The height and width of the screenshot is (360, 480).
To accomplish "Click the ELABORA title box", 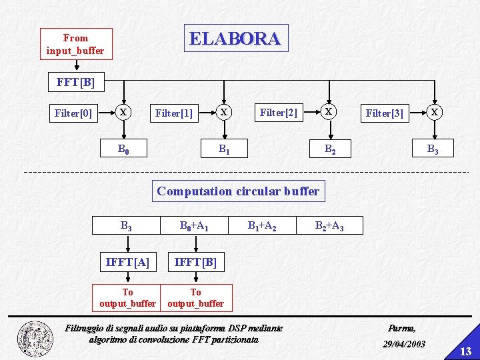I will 235,38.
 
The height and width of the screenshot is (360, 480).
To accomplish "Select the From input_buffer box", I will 76,44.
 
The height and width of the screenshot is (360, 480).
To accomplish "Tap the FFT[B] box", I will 76,83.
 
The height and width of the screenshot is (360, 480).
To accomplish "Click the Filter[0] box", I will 73,113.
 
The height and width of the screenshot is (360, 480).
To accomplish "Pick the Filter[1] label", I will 173,113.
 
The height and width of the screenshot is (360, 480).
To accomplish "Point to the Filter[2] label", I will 278,113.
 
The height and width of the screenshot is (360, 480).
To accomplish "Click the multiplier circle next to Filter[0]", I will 123,112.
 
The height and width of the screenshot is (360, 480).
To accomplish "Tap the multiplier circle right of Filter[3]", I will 434,112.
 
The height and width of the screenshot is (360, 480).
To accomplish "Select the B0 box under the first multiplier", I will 123,148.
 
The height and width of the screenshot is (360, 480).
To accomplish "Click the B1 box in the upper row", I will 224,148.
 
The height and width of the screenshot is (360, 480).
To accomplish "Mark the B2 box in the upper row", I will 329,149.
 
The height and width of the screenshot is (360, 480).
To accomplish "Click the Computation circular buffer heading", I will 238,191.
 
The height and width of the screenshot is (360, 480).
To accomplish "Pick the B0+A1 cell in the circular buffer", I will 194,225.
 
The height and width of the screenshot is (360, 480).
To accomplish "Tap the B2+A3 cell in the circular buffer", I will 329,225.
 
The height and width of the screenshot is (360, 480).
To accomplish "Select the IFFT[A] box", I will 127,262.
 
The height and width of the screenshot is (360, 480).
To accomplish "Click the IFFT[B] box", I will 195,262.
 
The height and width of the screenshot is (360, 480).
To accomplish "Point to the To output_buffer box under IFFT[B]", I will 195,297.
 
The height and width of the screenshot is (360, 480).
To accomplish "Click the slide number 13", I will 466,351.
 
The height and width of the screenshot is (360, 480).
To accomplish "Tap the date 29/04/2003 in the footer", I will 404,344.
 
